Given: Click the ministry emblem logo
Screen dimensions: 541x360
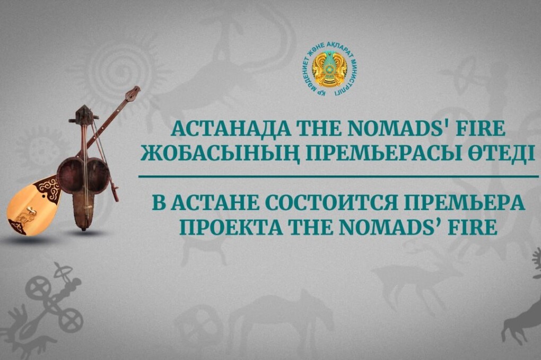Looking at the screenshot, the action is coord(330,69).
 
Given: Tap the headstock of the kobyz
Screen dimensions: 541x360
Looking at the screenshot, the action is coord(82,115).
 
